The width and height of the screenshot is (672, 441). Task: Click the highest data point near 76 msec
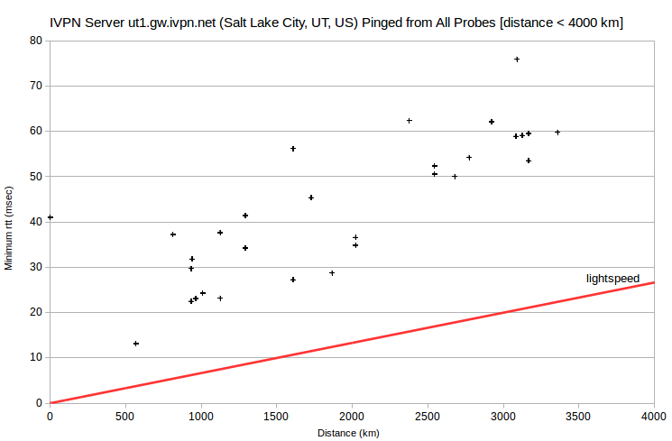[517, 60]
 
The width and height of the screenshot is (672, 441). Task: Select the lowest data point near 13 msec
[136, 344]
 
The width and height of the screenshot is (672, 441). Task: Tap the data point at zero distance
[51, 217]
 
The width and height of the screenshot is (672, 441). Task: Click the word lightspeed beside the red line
[612, 279]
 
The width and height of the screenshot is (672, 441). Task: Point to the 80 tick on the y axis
[36, 41]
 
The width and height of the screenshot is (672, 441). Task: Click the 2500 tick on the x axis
[428, 416]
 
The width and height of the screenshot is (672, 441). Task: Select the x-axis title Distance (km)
[348, 433]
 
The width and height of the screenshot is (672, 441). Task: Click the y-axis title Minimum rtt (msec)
[9, 228]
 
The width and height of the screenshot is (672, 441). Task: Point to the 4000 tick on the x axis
[654, 416]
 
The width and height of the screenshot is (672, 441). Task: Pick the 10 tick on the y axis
[36, 357]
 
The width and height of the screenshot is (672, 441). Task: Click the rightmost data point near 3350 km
[557, 133]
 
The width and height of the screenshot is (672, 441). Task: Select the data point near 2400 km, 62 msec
[410, 121]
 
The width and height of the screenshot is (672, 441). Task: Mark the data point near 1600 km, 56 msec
[293, 149]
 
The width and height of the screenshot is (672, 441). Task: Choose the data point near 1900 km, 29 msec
[332, 273]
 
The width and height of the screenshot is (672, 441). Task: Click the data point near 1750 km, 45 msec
[311, 198]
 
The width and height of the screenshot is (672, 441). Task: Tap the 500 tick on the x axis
[125, 416]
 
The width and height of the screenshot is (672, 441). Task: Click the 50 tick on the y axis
[36, 176]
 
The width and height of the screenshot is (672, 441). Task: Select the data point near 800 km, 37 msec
[173, 234]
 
